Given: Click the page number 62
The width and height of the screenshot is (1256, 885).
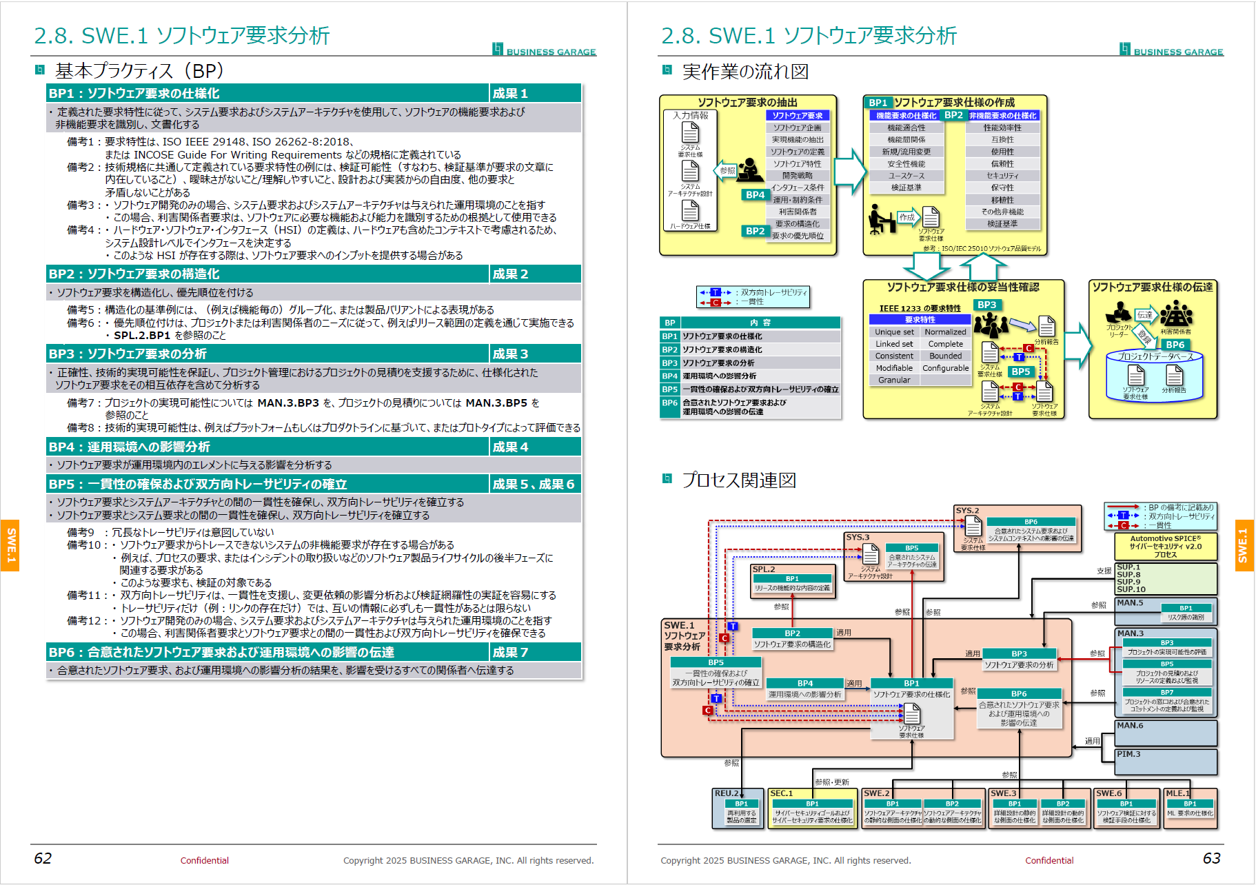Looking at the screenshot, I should click(43, 858).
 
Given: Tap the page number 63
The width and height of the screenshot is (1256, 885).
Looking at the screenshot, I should click(1211, 858).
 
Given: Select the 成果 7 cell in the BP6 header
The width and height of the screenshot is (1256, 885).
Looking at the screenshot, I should click(511, 652).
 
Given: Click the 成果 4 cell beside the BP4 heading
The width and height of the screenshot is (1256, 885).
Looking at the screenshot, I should click(511, 447).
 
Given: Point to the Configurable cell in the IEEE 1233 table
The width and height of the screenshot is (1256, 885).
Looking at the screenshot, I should click(945, 368).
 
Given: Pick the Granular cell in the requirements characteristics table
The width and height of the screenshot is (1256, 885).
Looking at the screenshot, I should click(894, 380).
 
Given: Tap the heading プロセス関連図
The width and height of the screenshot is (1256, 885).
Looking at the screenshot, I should click(739, 480).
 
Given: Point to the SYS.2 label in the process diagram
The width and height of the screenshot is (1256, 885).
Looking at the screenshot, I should click(967, 511).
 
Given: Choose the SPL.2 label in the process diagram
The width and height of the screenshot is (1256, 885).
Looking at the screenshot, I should click(764, 569).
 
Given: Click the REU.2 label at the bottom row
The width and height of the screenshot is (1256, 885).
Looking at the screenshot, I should click(727, 793).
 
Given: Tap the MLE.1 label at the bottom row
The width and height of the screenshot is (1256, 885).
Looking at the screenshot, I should click(1177, 793).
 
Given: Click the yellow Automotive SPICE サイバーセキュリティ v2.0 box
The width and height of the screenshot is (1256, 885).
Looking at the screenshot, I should click(1165, 546).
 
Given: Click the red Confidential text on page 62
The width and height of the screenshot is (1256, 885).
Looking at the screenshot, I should click(204, 860).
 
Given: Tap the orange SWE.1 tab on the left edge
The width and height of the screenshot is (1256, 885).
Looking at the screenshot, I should click(10, 545).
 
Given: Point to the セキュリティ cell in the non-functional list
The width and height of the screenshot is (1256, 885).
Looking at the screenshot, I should click(1002, 176).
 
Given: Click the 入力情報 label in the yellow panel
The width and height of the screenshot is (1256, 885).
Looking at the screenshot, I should click(691, 116).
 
